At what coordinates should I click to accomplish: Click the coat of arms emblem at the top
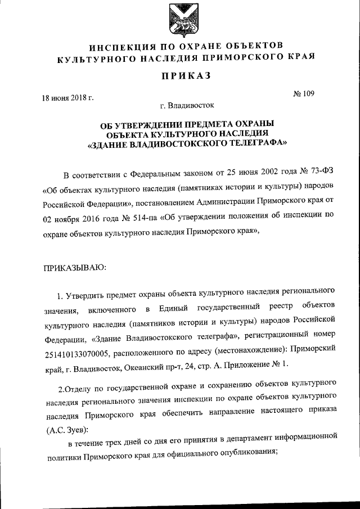[x=179, y=21]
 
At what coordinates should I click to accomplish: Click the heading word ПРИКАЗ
[x=179, y=78]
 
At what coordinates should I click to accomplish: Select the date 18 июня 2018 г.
[x=68, y=97]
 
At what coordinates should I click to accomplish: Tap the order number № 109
[x=304, y=93]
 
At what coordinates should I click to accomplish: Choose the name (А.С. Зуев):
[x=66, y=430]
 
